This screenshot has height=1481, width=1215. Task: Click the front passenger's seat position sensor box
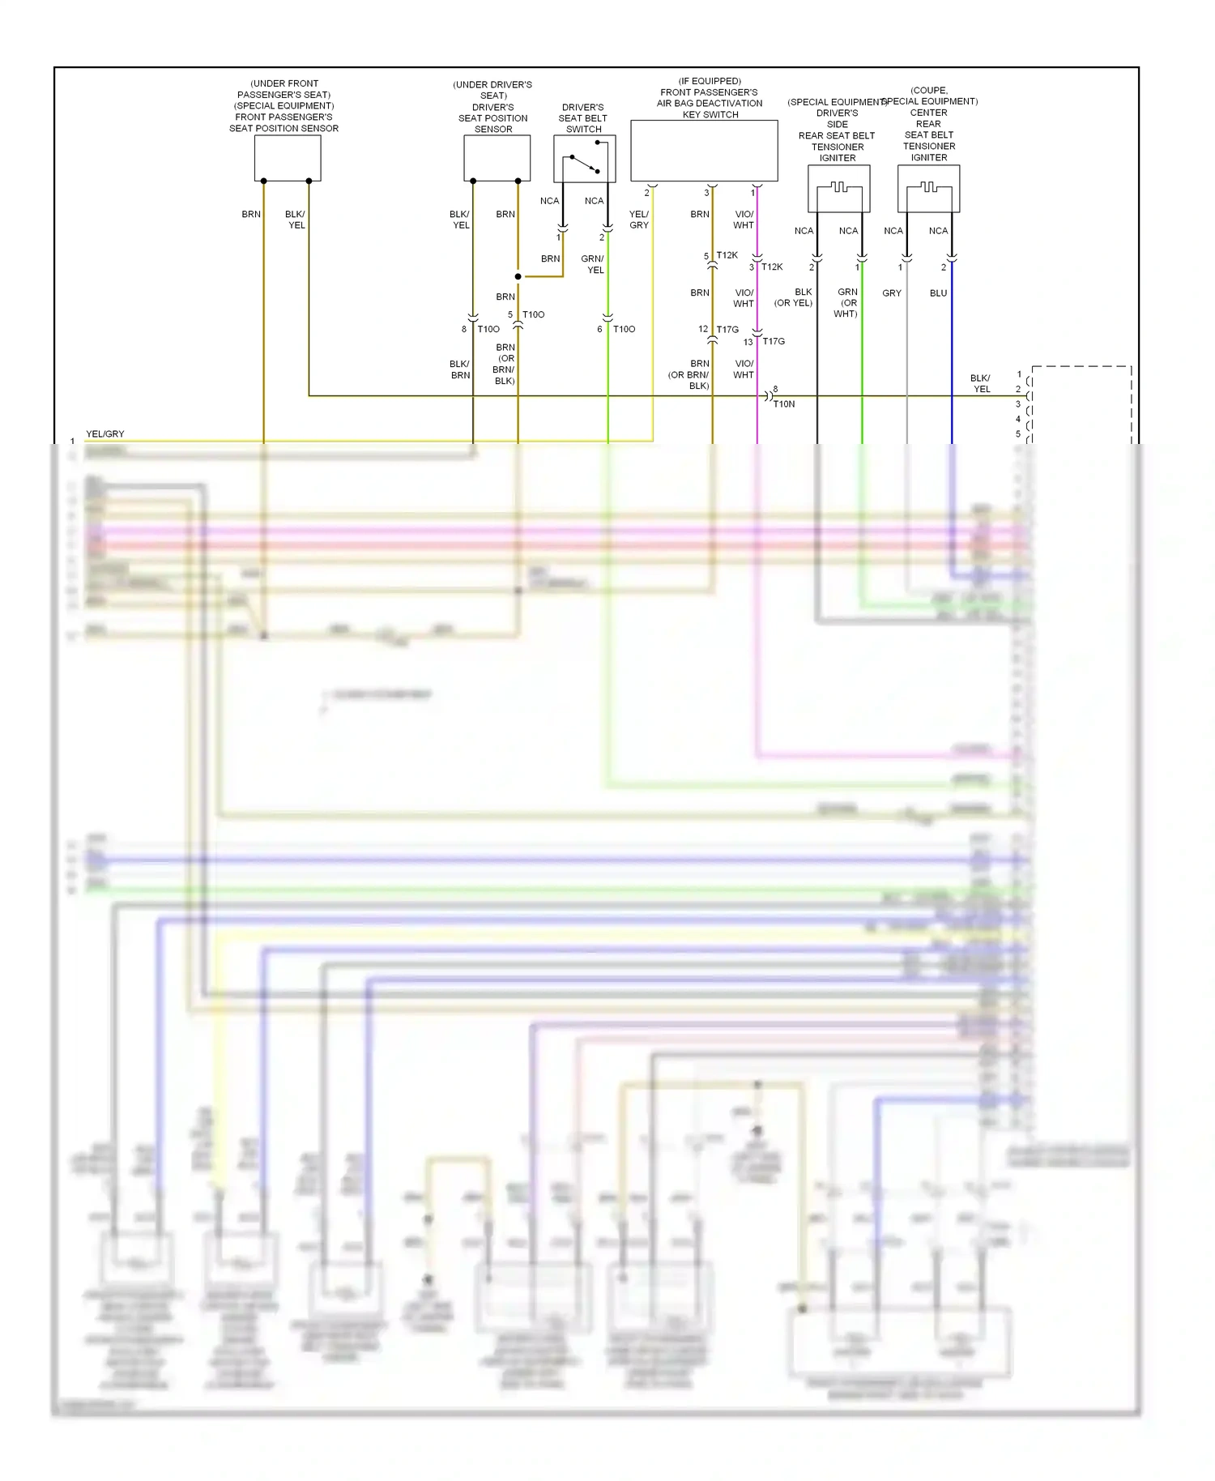pyautogui.click(x=288, y=157)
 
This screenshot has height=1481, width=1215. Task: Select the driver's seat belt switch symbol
pyautogui.click(x=584, y=159)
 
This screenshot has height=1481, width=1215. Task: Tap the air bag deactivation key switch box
pyautogui.click(x=704, y=151)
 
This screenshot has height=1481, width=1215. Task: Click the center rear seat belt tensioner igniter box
pyautogui.click(x=928, y=189)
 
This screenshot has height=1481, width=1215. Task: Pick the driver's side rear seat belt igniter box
pyautogui.click(x=838, y=189)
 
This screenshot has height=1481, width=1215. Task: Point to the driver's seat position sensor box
pyautogui.click(x=497, y=157)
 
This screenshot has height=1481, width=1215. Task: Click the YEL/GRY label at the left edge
pyautogui.click(x=105, y=434)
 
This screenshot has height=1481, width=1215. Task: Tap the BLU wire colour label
pyautogui.click(x=938, y=293)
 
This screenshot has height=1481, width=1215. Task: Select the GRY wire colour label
pyautogui.click(x=892, y=293)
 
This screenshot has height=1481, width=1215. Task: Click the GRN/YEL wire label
pyautogui.click(x=593, y=265)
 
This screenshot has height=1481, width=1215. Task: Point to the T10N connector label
pyautogui.click(x=784, y=404)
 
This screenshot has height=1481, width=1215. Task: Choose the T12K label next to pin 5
pyautogui.click(x=727, y=255)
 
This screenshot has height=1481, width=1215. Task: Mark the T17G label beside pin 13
pyautogui.click(x=774, y=342)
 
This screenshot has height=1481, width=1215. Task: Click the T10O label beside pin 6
pyautogui.click(x=624, y=329)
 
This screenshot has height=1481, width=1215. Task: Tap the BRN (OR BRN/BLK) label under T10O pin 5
pyautogui.click(x=505, y=364)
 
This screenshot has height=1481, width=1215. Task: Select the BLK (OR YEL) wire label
pyautogui.click(x=794, y=297)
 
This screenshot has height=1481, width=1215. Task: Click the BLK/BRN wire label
pyautogui.click(x=460, y=369)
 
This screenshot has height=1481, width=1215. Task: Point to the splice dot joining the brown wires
pyautogui.click(x=518, y=276)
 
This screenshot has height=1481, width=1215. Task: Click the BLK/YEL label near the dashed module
pyautogui.click(x=981, y=383)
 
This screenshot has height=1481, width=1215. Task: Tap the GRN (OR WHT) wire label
pyautogui.click(x=846, y=303)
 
